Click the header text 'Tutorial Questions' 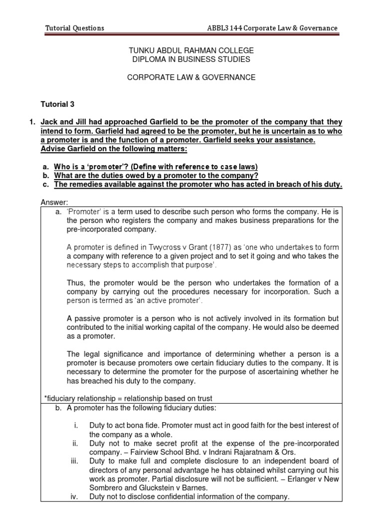pyautogui.click(x=75, y=28)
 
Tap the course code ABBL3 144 pyautogui.click(x=225, y=28)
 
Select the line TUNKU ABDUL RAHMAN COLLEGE pyautogui.click(x=191, y=50)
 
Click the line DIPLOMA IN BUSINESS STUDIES pyautogui.click(x=191, y=59)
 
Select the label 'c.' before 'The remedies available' pyautogui.click(x=45, y=184)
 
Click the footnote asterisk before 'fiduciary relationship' pyautogui.click(x=46, y=398)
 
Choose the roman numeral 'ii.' pyautogui.click(x=75, y=443)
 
